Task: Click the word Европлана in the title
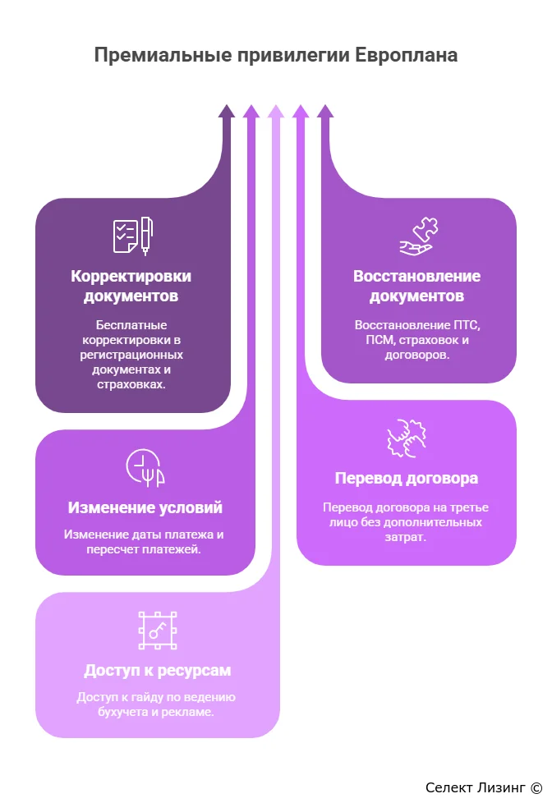pyautogui.click(x=406, y=55)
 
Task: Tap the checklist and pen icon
pyautogui.click(x=133, y=236)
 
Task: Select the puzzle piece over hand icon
pyautogui.click(x=419, y=236)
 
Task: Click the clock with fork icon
pyautogui.click(x=145, y=467)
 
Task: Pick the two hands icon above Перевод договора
pyautogui.click(x=407, y=438)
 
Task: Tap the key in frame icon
pyautogui.click(x=158, y=631)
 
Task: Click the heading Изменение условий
pyautogui.click(x=145, y=507)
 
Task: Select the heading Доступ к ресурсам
pyautogui.click(x=158, y=670)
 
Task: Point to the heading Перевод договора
pyautogui.click(x=407, y=478)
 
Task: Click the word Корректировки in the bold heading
pyautogui.click(x=131, y=276)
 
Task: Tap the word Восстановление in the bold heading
pyautogui.click(x=416, y=276)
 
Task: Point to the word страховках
pyautogui.click(x=131, y=384)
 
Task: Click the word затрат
pyautogui.click(x=406, y=537)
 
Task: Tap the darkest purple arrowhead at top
pyautogui.click(x=227, y=111)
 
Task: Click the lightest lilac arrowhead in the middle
pyautogui.click(x=276, y=111)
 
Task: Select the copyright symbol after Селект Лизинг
pyautogui.click(x=536, y=787)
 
